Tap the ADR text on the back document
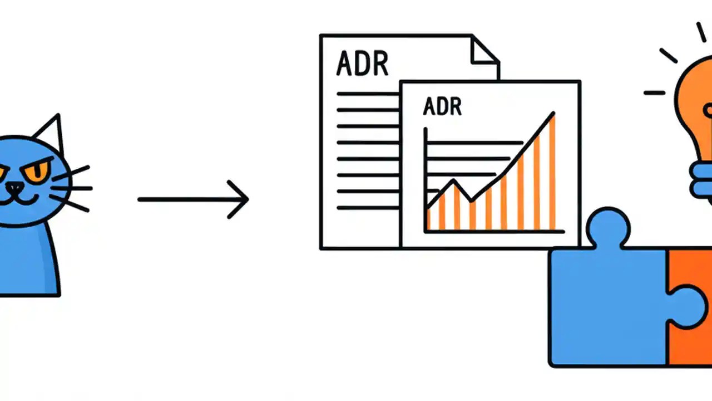[x=362, y=64]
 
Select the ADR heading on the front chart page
[x=442, y=106]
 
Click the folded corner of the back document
[x=484, y=50]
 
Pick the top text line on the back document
[x=367, y=94]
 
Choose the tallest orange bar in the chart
[x=552, y=173]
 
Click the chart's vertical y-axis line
[x=426, y=178]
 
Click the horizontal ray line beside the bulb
[x=654, y=92]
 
